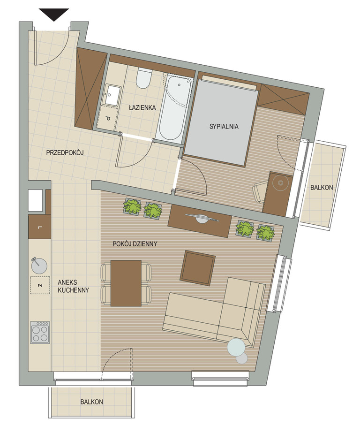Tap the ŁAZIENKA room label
[142, 107]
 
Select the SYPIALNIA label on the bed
[224, 127]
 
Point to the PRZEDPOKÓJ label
[65, 152]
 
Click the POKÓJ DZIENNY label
[135, 244]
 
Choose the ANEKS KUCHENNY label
[74, 286]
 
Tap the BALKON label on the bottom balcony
[91, 402]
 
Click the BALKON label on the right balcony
[322, 188]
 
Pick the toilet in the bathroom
[144, 78]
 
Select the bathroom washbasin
[111, 95]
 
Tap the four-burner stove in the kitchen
[40, 333]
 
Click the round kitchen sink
[39, 266]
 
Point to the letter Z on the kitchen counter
[40, 285]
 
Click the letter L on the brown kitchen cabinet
[40, 228]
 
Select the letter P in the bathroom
[108, 119]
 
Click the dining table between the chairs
[126, 283]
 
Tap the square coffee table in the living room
[198, 268]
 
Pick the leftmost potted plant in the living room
[132, 206]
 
